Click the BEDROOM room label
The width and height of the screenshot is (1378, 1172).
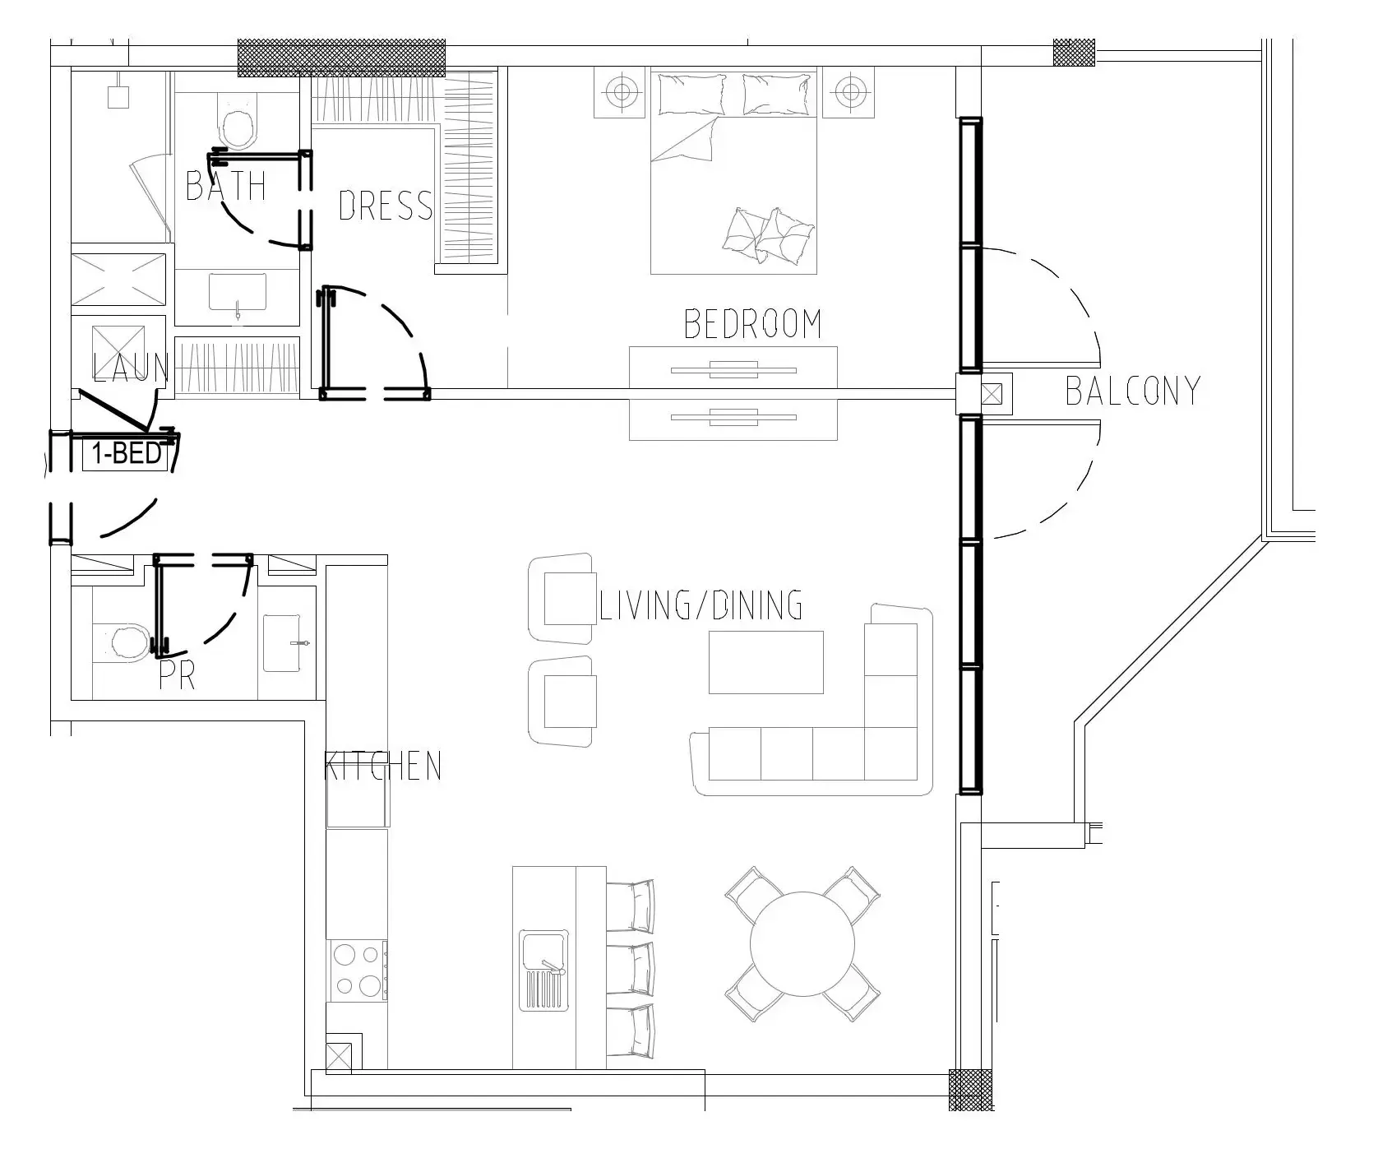coord(753,324)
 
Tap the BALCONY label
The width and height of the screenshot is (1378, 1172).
coord(1133,391)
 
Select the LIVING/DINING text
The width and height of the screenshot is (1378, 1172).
coord(701,605)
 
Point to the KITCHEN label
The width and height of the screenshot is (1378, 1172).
coord(383,766)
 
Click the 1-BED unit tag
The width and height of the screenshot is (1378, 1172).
coord(127,454)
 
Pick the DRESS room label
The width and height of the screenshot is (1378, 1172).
coord(386,205)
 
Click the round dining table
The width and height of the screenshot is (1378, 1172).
coord(802,945)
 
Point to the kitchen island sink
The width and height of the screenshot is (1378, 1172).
coord(543,970)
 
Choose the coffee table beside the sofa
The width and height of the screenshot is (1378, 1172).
coord(766,662)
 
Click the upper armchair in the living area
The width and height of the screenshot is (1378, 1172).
coord(562,598)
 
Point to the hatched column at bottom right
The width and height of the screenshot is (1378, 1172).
coord(971,1091)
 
